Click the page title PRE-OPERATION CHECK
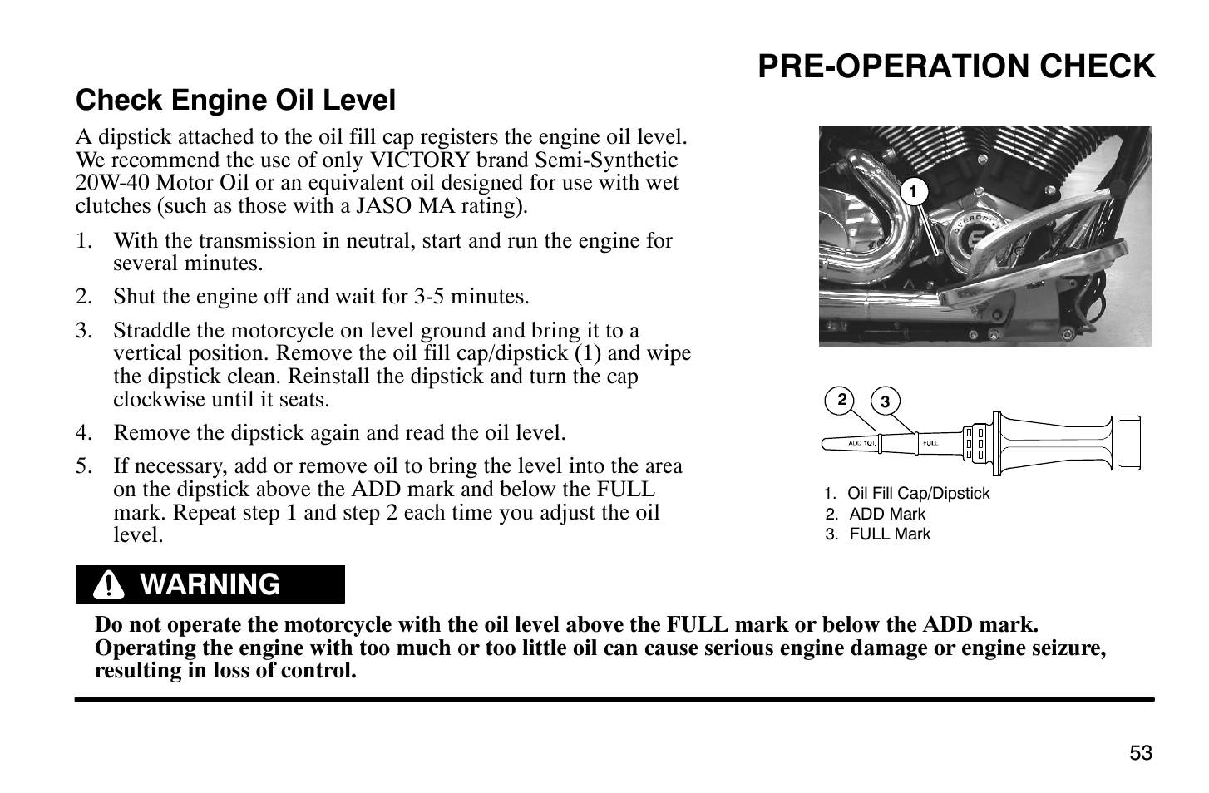(x=955, y=66)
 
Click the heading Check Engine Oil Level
(x=235, y=101)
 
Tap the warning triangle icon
(x=108, y=586)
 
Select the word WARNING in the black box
(x=210, y=585)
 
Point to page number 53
(x=1141, y=753)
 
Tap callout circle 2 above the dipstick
(x=841, y=401)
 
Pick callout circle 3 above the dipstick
(x=885, y=402)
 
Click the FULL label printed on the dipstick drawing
(x=930, y=443)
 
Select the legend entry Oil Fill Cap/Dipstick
(x=918, y=494)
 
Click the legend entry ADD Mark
(x=886, y=515)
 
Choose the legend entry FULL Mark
(x=889, y=534)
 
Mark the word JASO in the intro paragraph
(x=382, y=206)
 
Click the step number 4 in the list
(x=82, y=433)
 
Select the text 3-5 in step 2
(x=434, y=297)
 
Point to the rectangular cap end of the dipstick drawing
(x=1128, y=443)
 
